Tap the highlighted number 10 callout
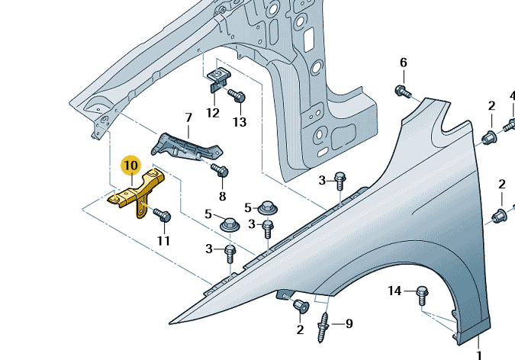pyautogui.click(x=130, y=165)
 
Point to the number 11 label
pyautogui.click(x=164, y=241)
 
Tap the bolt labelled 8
pyautogui.click(x=220, y=171)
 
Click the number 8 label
pyautogui.click(x=223, y=196)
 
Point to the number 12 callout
pyautogui.click(x=213, y=113)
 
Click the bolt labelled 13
pyautogui.click(x=237, y=97)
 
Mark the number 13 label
pyautogui.click(x=240, y=122)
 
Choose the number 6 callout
pyautogui.click(x=404, y=63)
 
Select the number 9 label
pyautogui.click(x=349, y=323)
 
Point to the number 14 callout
pyautogui.click(x=394, y=291)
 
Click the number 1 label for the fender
pyautogui.click(x=480, y=355)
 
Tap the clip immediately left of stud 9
pyautogui.click(x=300, y=307)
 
